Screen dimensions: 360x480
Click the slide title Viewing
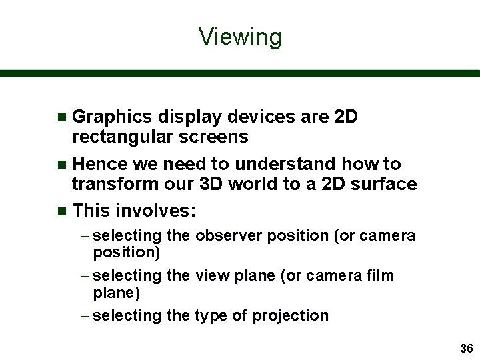click(x=240, y=37)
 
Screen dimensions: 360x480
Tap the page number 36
click(x=466, y=349)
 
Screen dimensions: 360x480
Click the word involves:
click(x=156, y=211)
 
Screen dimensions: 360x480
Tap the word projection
click(x=290, y=316)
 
